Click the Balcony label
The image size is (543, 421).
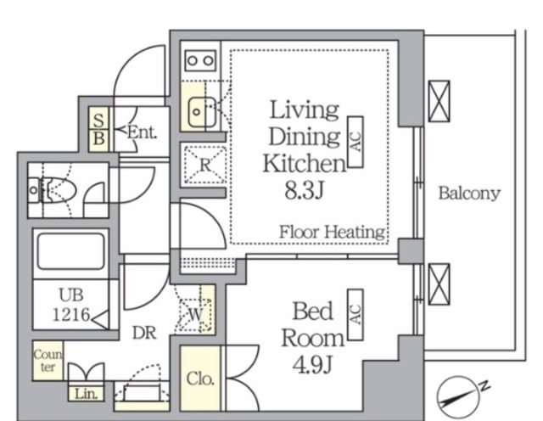point(469,193)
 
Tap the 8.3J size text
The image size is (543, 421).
point(304,190)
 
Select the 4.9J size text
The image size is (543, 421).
point(312,364)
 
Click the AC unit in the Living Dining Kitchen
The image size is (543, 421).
point(355,142)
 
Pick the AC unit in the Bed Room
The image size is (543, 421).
point(355,315)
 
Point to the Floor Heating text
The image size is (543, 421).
point(332,232)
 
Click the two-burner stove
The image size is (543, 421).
point(200,61)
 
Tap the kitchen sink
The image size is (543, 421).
point(202,112)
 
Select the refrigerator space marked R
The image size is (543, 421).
point(205,165)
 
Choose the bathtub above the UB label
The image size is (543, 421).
point(71,251)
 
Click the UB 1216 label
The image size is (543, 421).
point(71,305)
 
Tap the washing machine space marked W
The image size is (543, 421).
point(195,314)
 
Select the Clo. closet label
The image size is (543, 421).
point(200,379)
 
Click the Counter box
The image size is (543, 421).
point(48,361)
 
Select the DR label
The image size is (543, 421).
point(145,333)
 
